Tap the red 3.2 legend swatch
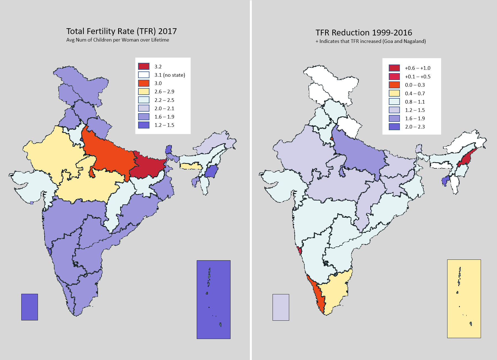point(144,66)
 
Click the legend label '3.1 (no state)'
point(170,75)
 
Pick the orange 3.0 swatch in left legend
point(144,83)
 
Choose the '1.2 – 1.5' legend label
point(164,125)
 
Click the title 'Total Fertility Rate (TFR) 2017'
point(121,31)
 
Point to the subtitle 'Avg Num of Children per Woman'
point(118,40)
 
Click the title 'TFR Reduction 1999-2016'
point(364,33)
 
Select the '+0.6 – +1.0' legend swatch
point(394,68)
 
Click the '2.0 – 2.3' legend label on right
point(415,127)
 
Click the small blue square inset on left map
point(30,307)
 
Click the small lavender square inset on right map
point(281,307)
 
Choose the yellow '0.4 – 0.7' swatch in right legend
point(394,93)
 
